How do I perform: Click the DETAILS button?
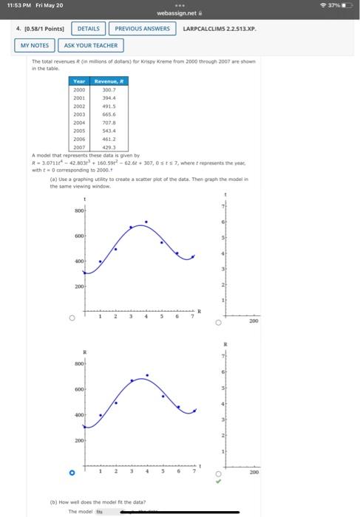89,29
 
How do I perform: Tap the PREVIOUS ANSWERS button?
143,29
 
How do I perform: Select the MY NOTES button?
35,45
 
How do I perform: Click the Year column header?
78,81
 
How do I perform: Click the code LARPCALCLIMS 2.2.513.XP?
219,29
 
